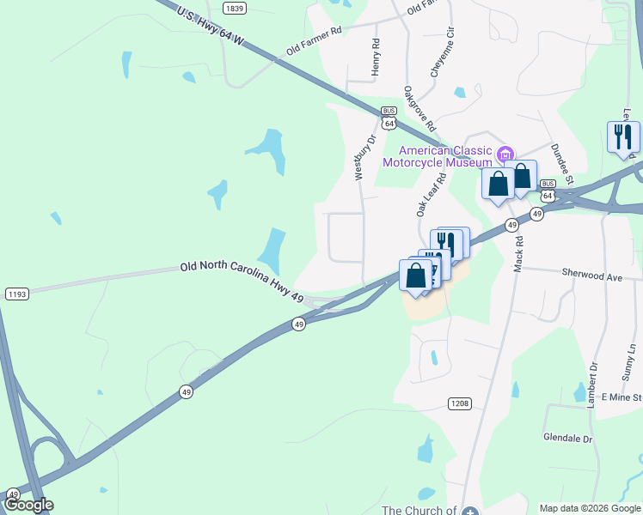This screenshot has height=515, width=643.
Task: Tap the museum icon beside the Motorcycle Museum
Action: (505, 155)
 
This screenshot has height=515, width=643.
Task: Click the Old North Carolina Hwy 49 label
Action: (242, 281)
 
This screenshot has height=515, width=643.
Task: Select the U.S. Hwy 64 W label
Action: (211, 27)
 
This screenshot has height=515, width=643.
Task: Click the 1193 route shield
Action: (16, 294)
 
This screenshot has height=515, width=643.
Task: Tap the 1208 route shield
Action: (460, 403)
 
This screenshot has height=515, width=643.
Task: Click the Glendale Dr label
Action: (568, 438)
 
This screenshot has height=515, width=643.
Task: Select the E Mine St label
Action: (622, 397)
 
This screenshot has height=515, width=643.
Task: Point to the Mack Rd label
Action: (518, 256)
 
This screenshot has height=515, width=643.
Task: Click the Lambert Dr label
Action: (592, 384)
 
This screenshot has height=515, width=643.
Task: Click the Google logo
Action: (28, 505)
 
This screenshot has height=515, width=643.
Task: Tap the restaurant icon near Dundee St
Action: (622, 137)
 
